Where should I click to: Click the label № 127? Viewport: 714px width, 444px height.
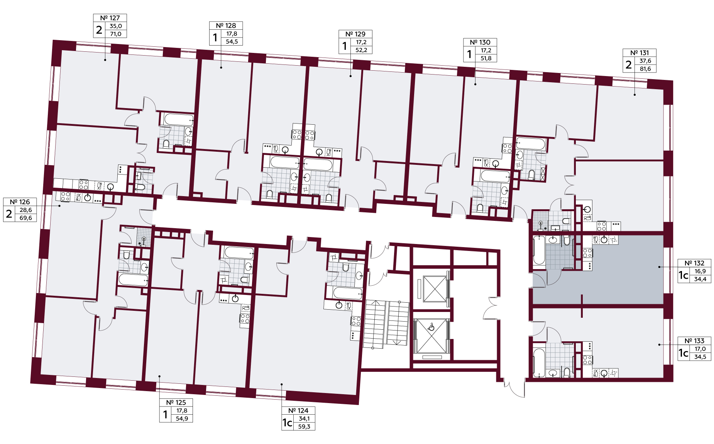coord(110,18)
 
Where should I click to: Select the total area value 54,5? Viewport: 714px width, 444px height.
coord(232,42)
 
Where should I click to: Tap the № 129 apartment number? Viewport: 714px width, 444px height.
coord(355,34)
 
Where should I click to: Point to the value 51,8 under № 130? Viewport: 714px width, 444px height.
coord(486,58)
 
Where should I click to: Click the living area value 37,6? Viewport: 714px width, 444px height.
coord(645,61)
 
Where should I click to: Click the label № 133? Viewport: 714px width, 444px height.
coord(694,341)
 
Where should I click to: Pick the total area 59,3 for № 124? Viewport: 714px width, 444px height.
coord(304,427)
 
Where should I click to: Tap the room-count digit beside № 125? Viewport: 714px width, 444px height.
coord(166,414)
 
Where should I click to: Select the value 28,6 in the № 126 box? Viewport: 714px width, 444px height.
coord(26,210)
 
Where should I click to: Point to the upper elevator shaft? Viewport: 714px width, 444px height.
coord(435,289)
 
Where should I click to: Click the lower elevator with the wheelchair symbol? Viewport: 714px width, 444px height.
coord(431,336)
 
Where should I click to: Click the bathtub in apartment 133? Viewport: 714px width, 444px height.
coord(539,363)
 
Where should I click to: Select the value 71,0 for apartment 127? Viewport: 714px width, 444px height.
coord(116,34)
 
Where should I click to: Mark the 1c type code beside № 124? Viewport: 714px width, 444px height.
coord(287,423)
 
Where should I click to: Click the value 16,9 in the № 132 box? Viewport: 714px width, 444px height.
coord(700,271)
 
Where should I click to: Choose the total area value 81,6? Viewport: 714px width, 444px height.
coord(645,69)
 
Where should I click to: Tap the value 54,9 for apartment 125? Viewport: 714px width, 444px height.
coord(182,419)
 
